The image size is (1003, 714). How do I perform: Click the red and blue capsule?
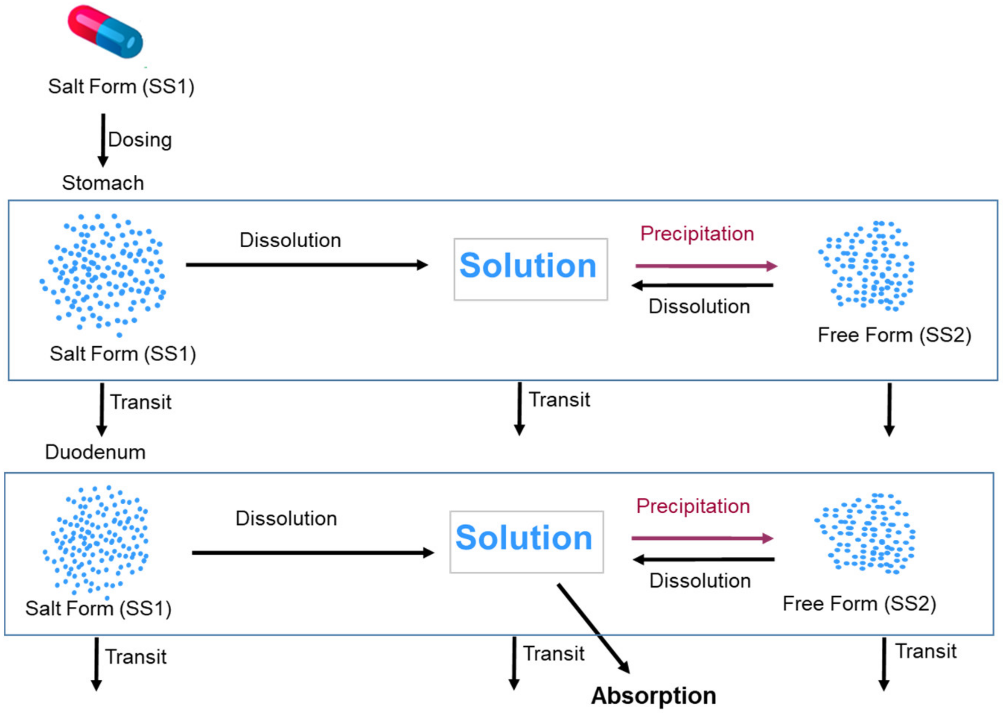click(x=105, y=32)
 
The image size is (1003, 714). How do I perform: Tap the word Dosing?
click(x=140, y=140)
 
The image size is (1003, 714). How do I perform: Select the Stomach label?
click(x=103, y=183)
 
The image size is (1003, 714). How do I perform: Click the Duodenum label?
click(x=95, y=452)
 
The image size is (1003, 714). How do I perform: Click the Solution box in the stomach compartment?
click(x=531, y=269)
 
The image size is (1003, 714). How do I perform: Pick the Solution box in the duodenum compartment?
click(x=526, y=541)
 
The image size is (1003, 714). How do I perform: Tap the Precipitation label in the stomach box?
click(x=697, y=234)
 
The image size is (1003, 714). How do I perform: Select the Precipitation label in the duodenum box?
click(x=693, y=506)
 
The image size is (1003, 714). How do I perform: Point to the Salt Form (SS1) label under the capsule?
click(x=121, y=86)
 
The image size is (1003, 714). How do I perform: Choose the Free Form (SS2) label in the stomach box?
click(x=894, y=335)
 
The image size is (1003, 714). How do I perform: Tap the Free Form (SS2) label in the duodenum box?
click(x=859, y=604)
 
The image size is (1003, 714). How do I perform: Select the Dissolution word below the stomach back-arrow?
click(x=699, y=307)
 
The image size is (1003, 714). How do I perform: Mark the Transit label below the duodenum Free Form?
click(x=926, y=651)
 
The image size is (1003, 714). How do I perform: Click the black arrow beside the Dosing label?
click(x=103, y=140)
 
